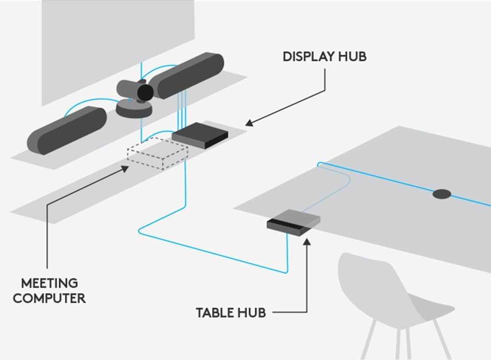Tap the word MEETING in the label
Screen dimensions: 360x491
(49, 283)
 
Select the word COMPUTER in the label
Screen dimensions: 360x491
(49, 298)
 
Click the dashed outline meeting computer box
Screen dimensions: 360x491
(157, 153)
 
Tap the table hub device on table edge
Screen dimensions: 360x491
(294, 220)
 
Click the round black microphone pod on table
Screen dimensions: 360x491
(441, 194)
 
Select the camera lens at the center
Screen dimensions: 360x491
(145, 92)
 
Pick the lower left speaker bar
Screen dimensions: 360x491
(67, 130)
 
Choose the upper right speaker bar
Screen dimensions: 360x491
(186, 75)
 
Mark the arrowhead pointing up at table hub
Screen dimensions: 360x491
(306, 242)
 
